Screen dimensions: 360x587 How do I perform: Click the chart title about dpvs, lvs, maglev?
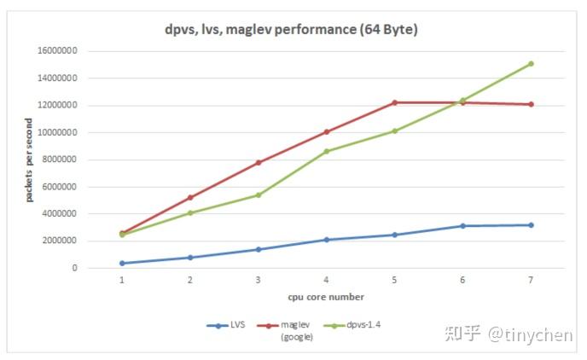click(x=292, y=29)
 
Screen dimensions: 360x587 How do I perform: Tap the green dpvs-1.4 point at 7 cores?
click(x=531, y=64)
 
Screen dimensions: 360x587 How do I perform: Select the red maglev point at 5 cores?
click(x=394, y=102)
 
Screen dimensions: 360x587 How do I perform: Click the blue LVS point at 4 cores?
click(x=326, y=240)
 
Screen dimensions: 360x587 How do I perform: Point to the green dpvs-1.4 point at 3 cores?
click(x=258, y=195)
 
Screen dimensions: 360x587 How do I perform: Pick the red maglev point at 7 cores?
click(x=531, y=104)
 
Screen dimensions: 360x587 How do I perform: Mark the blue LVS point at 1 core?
click(x=122, y=263)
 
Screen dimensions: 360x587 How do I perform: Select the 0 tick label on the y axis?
click(x=74, y=268)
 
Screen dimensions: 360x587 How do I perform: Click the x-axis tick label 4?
click(x=326, y=280)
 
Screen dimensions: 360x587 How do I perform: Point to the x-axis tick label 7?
click(x=531, y=280)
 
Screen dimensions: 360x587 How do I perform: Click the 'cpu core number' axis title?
click(x=326, y=297)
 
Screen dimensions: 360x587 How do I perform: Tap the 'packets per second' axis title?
click(x=29, y=160)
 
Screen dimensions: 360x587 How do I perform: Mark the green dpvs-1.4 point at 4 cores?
click(x=326, y=151)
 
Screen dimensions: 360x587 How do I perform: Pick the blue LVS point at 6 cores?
click(x=462, y=226)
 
